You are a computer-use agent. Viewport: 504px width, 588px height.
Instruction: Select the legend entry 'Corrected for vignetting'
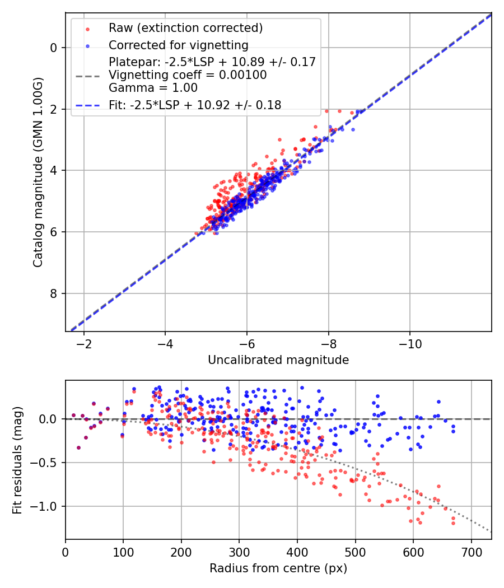pyautogui.click(x=179, y=45)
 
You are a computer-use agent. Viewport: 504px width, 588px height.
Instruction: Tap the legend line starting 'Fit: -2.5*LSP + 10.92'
pyautogui.click(x=195, y=105)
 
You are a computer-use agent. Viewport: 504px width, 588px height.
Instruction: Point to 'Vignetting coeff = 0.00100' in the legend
pyautogui.click(x=188, y=75)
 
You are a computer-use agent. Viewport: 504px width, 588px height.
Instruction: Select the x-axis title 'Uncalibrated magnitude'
pyautogui.click(x=278, y=360)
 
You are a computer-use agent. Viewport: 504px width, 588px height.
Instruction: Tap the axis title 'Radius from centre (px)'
pyautogui.click(x=278, y=568)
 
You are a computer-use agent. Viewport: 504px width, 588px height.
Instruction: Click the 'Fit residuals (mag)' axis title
pyautogui.click(x=17, y=460)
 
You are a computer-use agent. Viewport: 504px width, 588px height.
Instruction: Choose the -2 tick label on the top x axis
pyautogui.click(x=84, y=342)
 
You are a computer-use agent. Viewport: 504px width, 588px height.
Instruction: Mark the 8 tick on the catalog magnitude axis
pyautogui.click(x=53, y=293)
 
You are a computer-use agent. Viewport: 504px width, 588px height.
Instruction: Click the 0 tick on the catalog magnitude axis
pyautogui.click(x=53, y=48)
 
